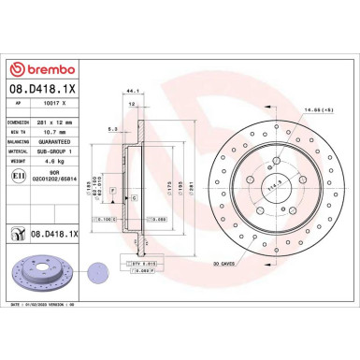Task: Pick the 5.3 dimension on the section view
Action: click(x=110, y=129)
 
